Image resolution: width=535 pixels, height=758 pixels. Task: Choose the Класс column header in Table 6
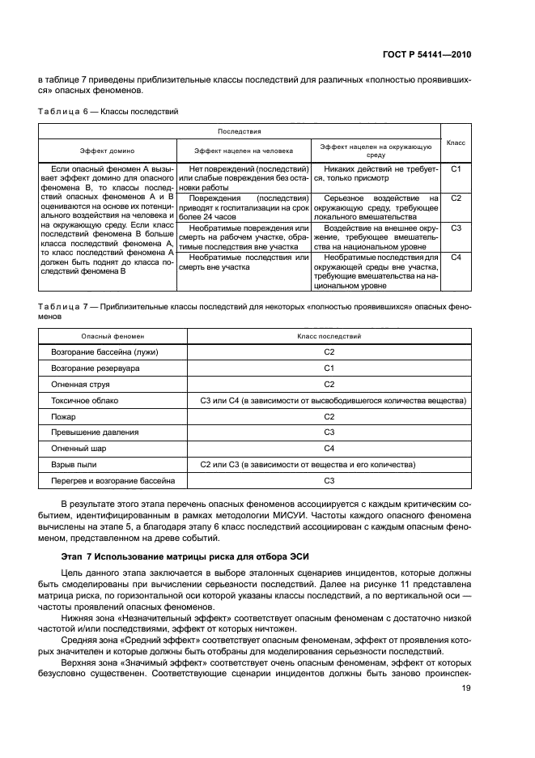point(456,141)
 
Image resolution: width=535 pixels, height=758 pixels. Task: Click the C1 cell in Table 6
point(456,169)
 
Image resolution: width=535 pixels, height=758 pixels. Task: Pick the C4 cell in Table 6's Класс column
point(456,257)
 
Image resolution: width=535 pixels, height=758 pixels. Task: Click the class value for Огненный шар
point(329,448)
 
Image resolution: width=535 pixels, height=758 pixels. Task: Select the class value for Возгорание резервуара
point(329,368)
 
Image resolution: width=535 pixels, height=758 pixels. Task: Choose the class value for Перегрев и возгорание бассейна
point(329,480)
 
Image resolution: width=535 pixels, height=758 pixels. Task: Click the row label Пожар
point(63,416)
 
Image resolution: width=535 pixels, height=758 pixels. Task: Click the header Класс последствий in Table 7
point(329,335)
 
